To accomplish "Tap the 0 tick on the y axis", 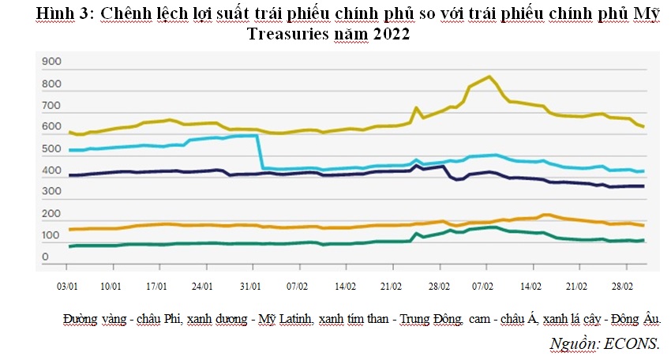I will (46, 257).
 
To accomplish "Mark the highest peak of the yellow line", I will (490, 77).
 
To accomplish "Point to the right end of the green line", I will (643, 240).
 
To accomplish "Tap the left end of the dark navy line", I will (70, 175).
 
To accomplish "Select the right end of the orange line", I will (643, 225).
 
